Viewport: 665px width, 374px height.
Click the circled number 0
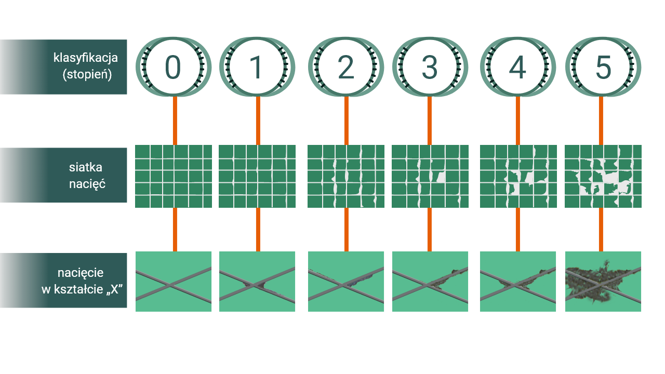tap(173, 67)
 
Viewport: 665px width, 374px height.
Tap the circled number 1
tap(257, 67)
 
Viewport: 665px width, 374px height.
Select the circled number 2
tap(345, 67)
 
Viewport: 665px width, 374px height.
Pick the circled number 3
tap(430, 67)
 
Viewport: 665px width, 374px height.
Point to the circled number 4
tap(517, 67)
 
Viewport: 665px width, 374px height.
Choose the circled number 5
tap(603, 67)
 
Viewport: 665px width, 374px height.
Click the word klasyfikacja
tap(86, 58)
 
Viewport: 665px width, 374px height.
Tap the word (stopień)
tap(87, 74)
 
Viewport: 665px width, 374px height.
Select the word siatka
tap(86, 167)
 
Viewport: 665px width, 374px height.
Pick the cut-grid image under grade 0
tap(174, 176)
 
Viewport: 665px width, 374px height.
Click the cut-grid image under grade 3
tap(430, 176)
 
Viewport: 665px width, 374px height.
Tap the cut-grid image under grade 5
tap(603, 176)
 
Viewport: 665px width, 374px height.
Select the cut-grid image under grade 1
tap(257, 176)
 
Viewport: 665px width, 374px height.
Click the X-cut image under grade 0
tap(174, 282)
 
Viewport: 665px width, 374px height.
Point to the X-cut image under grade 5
tap(603, 282)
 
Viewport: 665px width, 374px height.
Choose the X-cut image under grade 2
tap(346, 282)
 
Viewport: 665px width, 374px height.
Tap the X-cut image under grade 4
tap(518, 282)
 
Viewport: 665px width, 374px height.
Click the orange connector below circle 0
tap(175, 121)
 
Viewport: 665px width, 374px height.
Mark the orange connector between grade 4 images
tap(517, 229)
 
